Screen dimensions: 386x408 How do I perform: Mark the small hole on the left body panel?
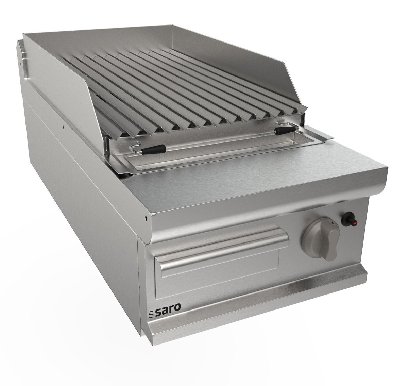63,129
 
